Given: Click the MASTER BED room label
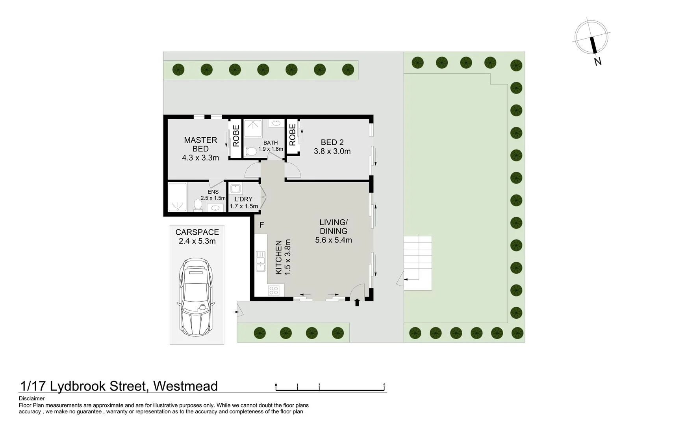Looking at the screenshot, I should point(200,144).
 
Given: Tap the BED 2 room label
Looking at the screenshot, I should point(332,142).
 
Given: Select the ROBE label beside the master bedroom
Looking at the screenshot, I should point(235,136).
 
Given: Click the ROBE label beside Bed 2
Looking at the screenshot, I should point(292,135).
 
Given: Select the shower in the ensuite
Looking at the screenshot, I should point(177,197).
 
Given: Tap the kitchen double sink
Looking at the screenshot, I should point(261,262).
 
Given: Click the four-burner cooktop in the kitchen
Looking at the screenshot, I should point(274,291).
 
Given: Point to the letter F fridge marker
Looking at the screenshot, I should point(261,225).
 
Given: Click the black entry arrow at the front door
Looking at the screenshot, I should point(357,303).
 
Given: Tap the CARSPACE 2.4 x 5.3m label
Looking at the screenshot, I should point(197,237).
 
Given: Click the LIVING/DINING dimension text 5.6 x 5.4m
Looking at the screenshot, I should point(334,240).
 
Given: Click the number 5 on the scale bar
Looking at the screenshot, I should point(384,385).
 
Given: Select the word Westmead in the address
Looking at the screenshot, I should point(185,386).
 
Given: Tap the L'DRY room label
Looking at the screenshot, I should point(243,199).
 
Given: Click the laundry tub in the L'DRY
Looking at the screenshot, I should point(235,189).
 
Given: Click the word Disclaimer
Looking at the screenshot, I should point(32,398).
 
